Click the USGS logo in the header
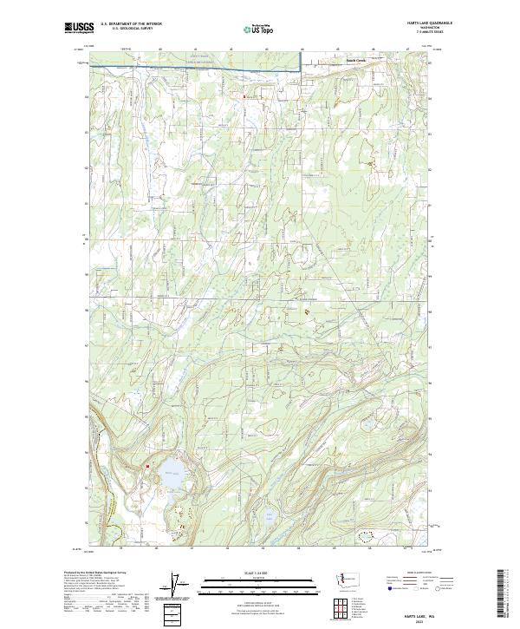point(77,28)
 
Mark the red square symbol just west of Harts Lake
point(147,466)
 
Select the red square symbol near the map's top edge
point(244,95)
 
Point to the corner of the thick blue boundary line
point(301,68)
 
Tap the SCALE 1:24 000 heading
point(259,573)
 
